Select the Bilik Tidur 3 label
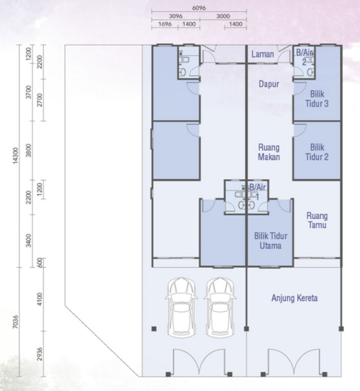[316, 99]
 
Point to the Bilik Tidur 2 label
[315, 152]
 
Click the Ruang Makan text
[268, 152]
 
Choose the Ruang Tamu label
[316, 220]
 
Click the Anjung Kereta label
[294, 298]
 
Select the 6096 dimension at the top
[200, 6]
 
